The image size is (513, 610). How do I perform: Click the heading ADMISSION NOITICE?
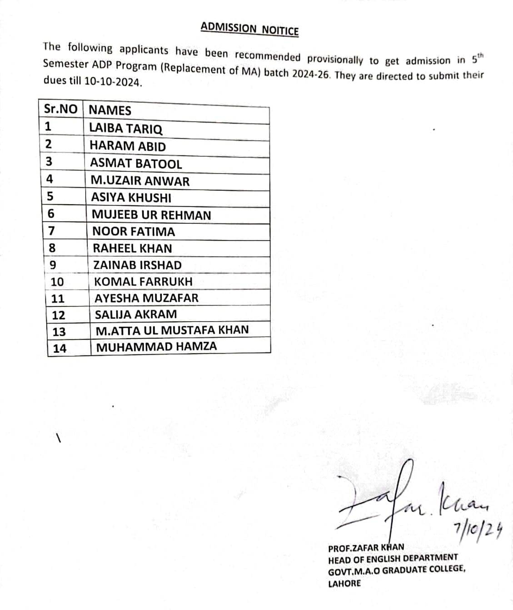pos(249,29)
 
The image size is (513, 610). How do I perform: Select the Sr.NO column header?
pos(60,110)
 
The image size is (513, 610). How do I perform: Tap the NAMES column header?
pos(110,110)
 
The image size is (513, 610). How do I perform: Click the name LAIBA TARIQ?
pos(126,129)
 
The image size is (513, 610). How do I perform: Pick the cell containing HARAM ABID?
pos(128,146)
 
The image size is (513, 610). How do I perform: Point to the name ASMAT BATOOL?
pos(136,163)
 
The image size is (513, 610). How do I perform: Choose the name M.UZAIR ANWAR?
pos(140,181)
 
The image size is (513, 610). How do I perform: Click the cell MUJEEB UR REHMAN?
pos(151,215)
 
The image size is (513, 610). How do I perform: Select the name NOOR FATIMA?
pos(134,231)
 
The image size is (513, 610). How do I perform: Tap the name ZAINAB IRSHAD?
pos(137,265)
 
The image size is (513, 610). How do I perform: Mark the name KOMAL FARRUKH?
pos(143,281)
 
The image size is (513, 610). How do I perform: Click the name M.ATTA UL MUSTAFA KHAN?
pos(172,330)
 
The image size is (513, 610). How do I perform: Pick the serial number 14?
pos(60,349)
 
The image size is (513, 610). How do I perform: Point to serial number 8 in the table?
pos(52,248)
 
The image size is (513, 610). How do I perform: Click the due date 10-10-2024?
pos(113,84)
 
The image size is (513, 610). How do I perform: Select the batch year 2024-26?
pos(311,74)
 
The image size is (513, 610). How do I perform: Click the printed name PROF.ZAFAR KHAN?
pos(366,547)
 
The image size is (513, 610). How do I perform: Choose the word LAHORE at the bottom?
pos(344,583)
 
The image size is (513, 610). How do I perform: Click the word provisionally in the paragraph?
pos(335,59)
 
